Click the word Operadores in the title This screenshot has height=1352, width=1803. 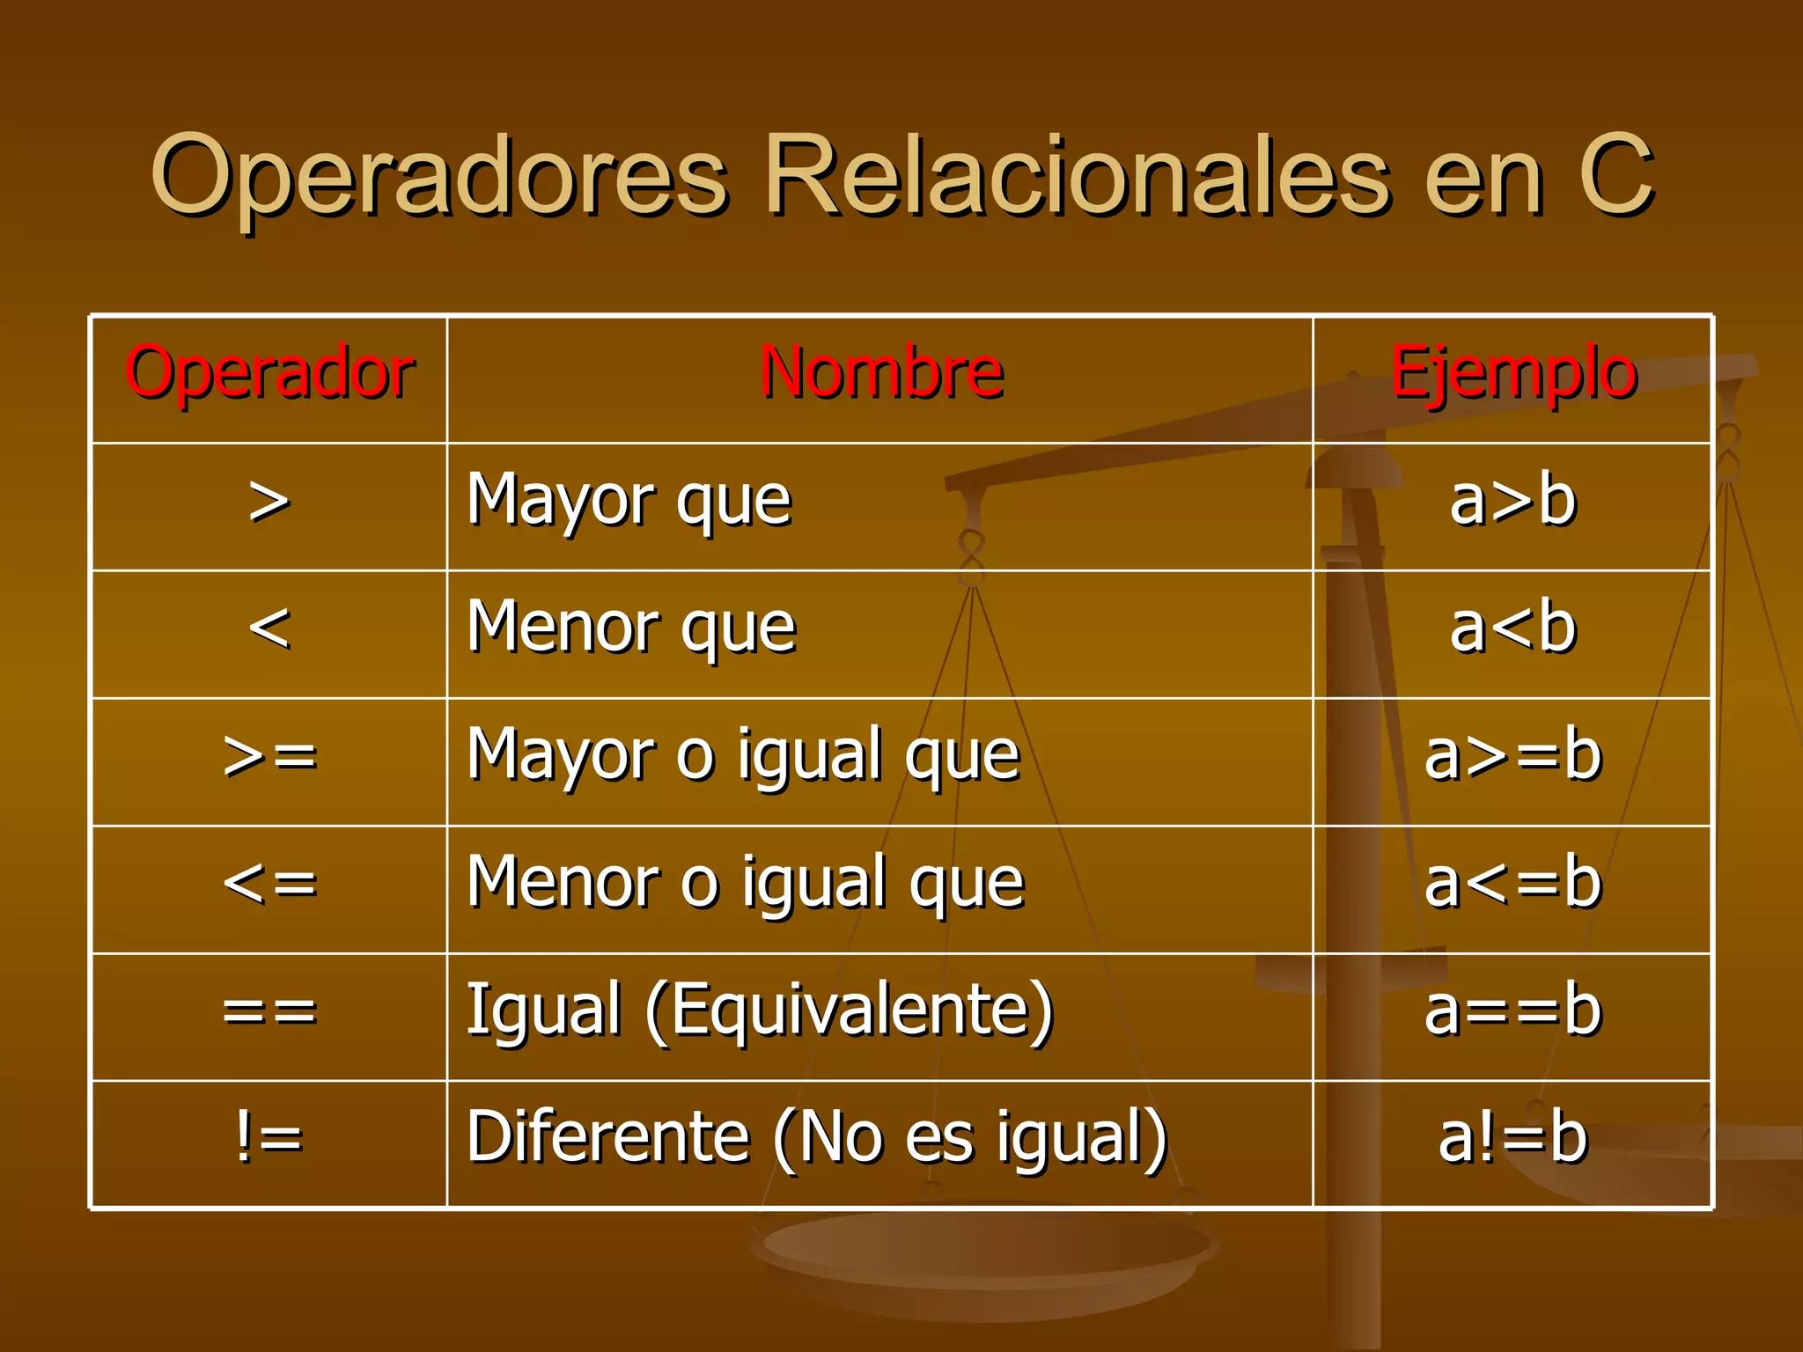click(440, 176)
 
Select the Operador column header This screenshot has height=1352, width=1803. click(269, 373)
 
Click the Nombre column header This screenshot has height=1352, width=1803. click(881, 373)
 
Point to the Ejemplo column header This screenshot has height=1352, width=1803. click(1513, 373)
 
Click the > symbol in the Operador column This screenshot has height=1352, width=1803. click(269, 503)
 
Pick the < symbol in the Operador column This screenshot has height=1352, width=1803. click(269, 628)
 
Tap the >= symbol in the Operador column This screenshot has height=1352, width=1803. click(269, 756)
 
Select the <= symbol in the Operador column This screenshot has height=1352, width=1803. click(269, 883)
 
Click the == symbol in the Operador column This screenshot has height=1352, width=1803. click(269, 1010)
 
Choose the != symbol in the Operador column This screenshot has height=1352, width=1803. click(269, 1136)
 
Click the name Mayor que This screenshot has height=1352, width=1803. click(629, 501)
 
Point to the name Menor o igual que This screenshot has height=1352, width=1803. click(746, 883)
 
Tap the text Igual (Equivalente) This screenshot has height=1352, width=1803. click(760, 1010)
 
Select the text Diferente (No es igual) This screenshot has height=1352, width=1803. click(817, 1137)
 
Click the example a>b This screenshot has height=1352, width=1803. click(1512, 501)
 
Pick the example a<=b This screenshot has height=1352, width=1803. click(1512, 883)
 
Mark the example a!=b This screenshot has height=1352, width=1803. click(1512, 1137)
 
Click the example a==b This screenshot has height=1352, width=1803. click(1512, 1010)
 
